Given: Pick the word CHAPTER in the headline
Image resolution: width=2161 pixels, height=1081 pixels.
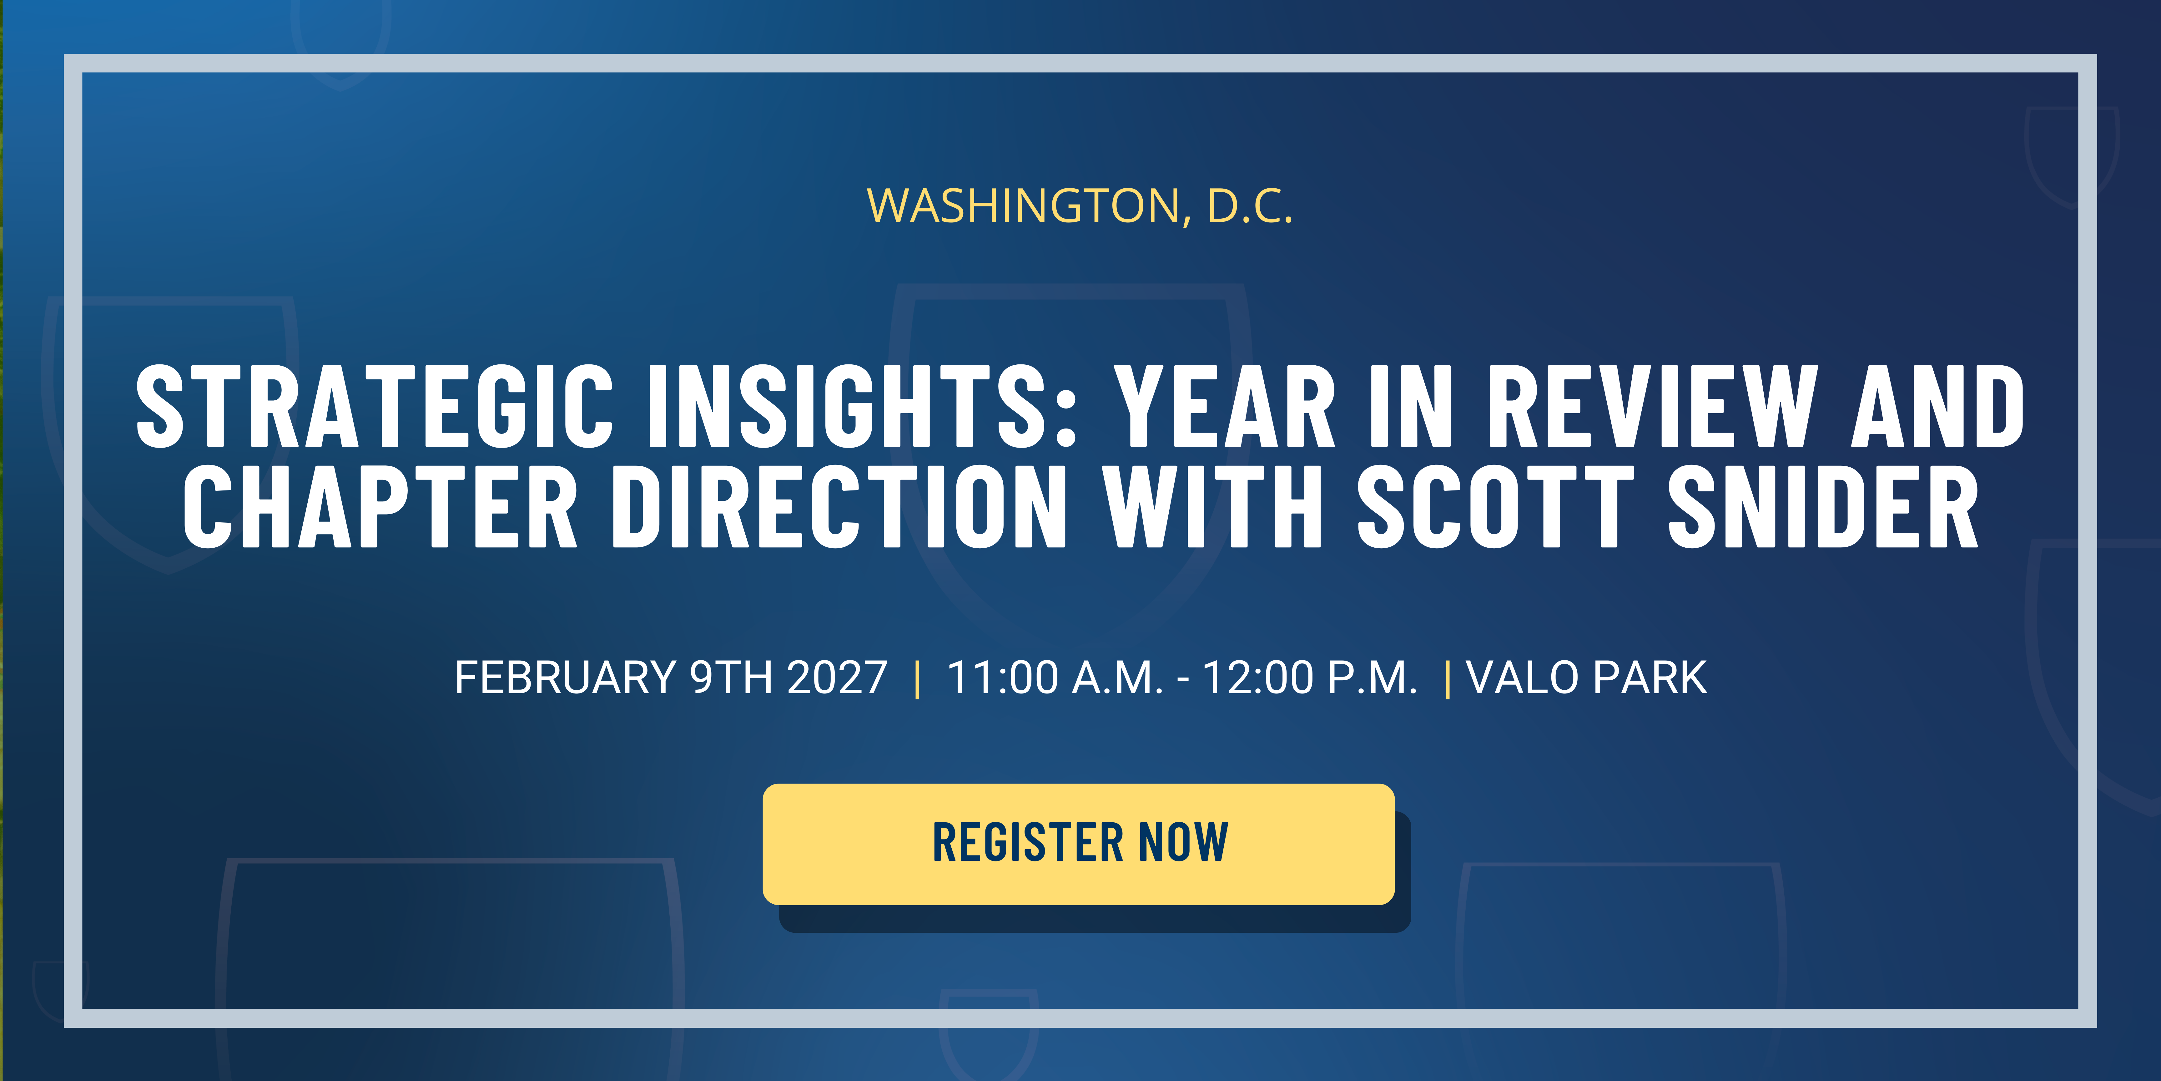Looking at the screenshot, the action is pyautogui.click(x=380, y=508).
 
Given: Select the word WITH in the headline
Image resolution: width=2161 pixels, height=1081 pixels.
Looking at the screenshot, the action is pyautogui.click(x=1212, y=508).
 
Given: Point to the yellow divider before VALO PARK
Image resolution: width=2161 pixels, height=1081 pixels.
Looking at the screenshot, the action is pyautogui.click(x=1448, y=678).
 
